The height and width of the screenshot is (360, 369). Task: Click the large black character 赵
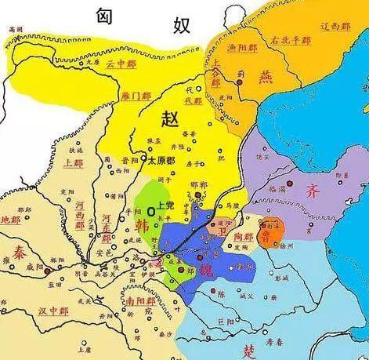point(171,119)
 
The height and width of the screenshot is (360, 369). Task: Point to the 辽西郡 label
point(338,26)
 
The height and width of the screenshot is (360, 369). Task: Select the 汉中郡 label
point(54,311)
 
